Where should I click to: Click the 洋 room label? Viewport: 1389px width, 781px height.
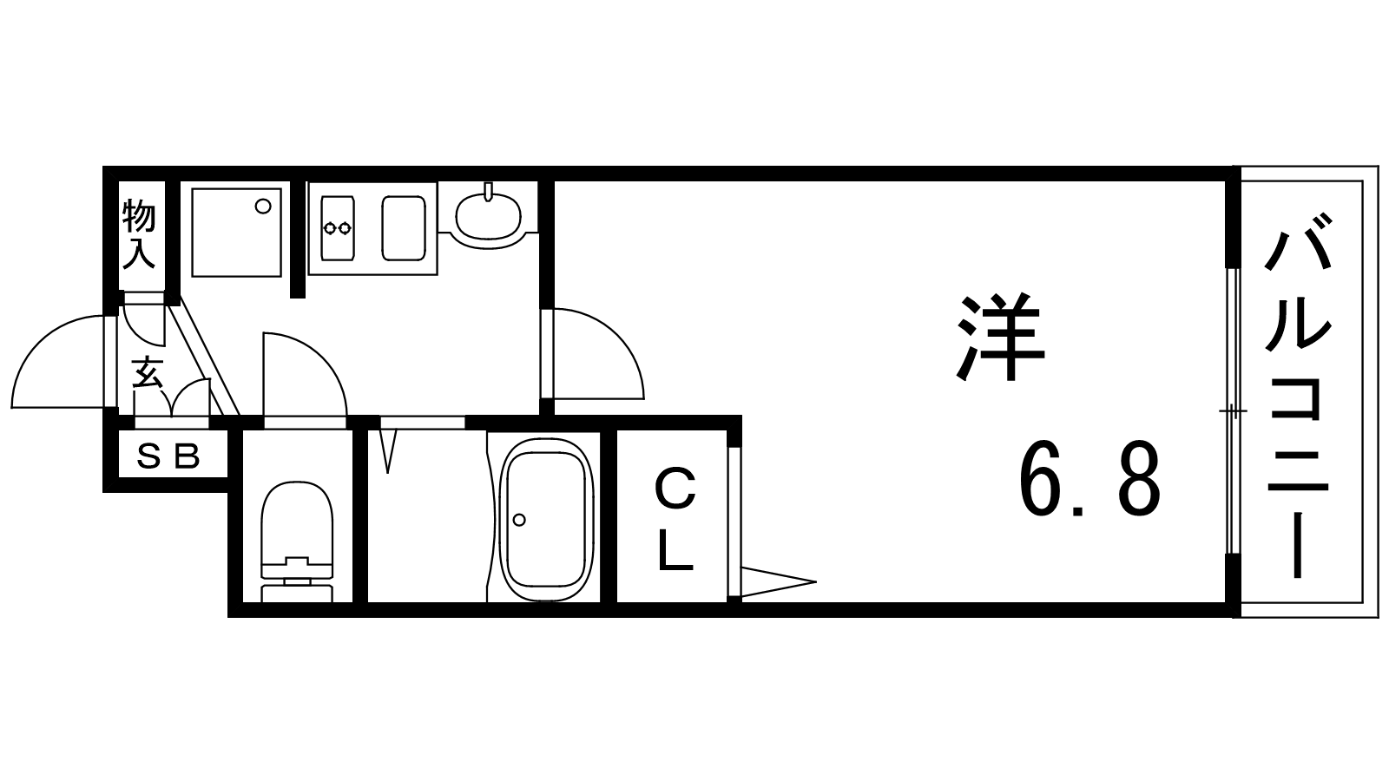[x=1001, y=337]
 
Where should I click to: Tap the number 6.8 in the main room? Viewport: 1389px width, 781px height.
[x=1089, y=478]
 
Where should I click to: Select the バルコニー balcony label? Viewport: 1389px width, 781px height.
[x=1299, y=397]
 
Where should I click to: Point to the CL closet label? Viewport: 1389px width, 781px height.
[x=675, y=520]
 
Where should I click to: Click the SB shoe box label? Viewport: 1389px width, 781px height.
[x=168, y=457]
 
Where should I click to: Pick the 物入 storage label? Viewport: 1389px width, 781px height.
[x=139, y=234]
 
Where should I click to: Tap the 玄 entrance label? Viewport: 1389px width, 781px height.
[x=148, y=372]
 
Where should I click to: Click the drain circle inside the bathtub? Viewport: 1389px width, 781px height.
[x=519, y=520]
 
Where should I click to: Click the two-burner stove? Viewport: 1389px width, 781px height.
[x=338, y=228]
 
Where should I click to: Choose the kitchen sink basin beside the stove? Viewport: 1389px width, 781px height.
[x=404, y=228]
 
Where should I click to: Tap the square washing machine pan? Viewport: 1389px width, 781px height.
[x=236, y=233]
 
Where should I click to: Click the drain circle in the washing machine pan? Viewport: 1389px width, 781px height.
[x=264, y=207]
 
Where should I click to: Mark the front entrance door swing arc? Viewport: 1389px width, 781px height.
[x=61, y=361]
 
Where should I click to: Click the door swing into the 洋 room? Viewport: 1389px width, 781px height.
[x=598, y=353]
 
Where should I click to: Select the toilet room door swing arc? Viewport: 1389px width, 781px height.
[x=305, y=374]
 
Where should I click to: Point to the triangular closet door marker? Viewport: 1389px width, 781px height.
[x=778, y=582]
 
